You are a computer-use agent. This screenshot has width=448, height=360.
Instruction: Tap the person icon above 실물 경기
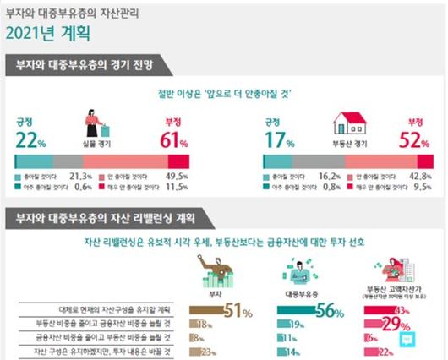[x=96, y=127]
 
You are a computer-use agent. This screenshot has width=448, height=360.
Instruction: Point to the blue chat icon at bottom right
[x=409, y=340]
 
